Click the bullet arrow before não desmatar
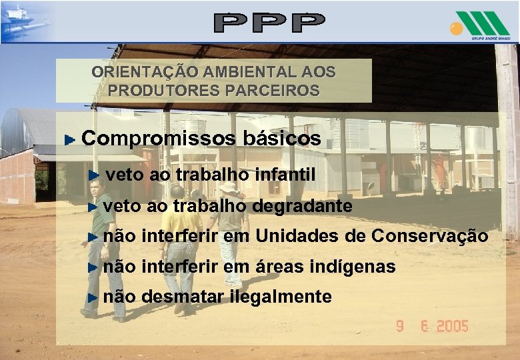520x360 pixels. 93,297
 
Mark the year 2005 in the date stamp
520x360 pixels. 451,327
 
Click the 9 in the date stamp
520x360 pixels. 400,327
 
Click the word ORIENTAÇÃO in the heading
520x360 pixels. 135,71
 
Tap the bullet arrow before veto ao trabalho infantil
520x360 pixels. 95,176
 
